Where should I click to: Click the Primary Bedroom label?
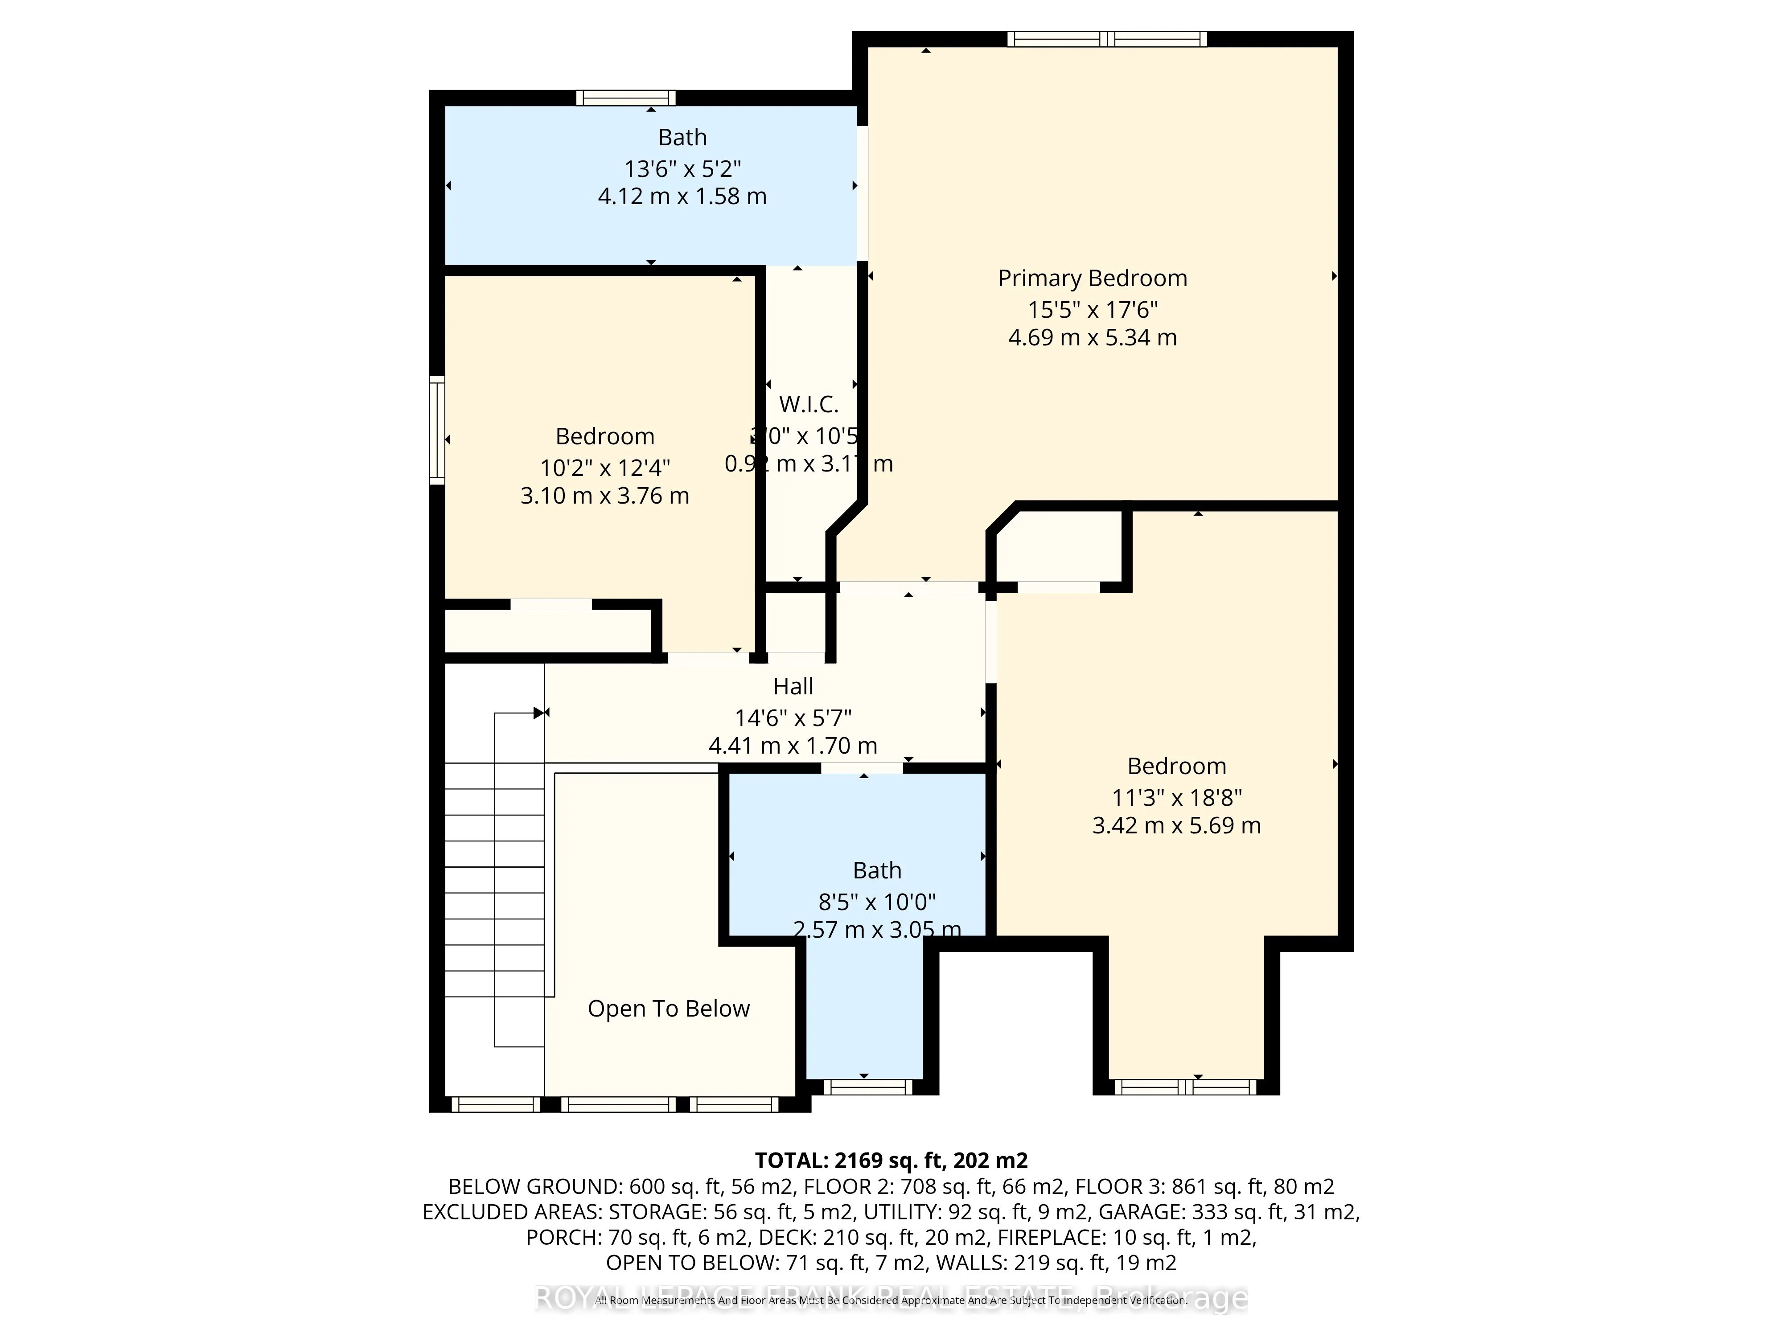[x=1092, y=278]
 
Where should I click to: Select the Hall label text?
[x=793, y=687]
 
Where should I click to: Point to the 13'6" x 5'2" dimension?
[x=682, y=168]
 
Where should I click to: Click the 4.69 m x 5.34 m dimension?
[x=1092, y=338]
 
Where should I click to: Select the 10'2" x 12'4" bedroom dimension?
[x=604, y=468]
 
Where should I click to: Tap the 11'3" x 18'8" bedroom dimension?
[x=1176, y=798]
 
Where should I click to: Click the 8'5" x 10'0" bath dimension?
[x=877, y=902]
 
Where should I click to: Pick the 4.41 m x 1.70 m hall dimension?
[x=793, y=746]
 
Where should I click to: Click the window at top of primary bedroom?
[x=1107, y=39]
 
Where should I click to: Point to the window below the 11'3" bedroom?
[x=1185, y=1087]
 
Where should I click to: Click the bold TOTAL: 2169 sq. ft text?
[x=891, y=1161]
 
